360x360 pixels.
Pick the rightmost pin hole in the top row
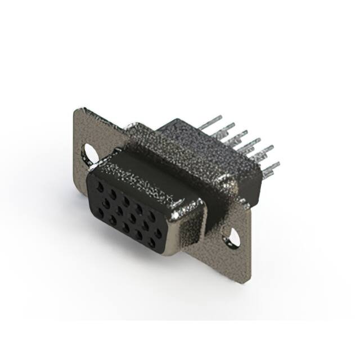[152, 215]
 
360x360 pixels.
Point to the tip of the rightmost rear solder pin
[278, 164]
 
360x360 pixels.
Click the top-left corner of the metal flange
[78, 108]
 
